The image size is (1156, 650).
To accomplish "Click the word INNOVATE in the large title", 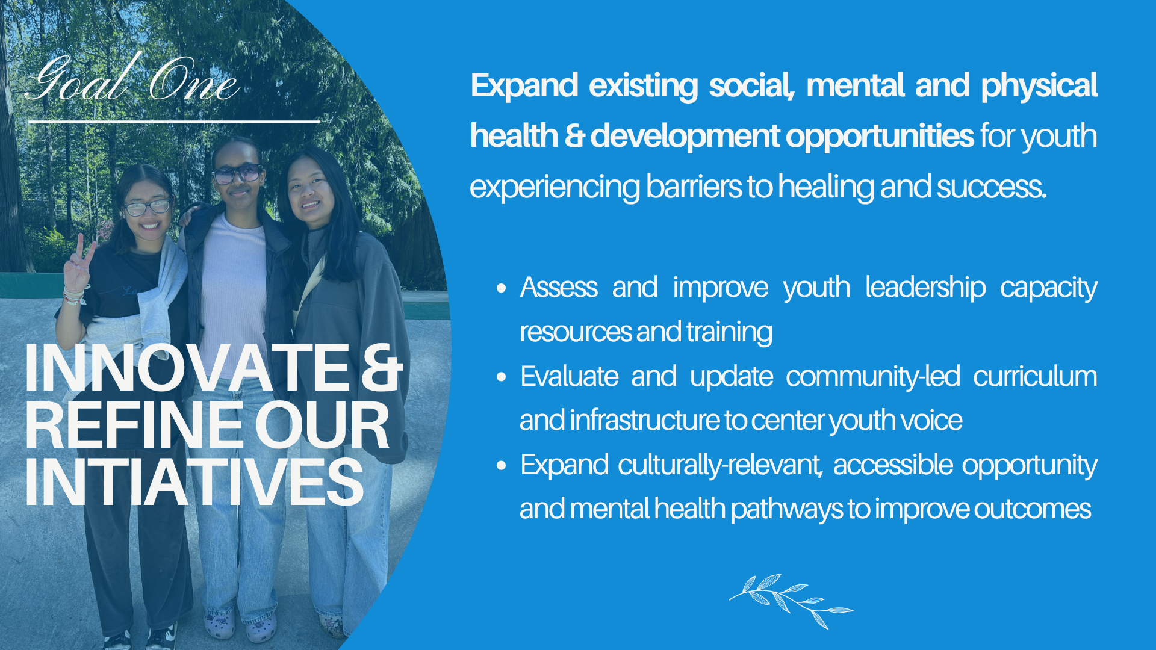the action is [x=187, y=368].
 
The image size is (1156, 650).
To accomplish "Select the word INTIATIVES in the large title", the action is [x=194, y=482].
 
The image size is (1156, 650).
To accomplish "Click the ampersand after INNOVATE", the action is [x=382, y=368].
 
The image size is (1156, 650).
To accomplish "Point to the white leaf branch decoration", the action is [x=791, y=600].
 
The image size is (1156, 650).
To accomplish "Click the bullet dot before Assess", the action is [x=502, y=288].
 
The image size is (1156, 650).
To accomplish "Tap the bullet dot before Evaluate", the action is [x=502, y=377].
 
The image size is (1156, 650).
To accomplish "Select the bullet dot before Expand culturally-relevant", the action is [x=502, y=466].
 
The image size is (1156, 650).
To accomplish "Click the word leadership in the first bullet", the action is [x=925, y=288].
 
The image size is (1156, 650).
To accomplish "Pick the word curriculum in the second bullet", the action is [x=1035, y=377].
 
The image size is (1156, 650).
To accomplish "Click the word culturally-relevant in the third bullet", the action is [x=720, y=465].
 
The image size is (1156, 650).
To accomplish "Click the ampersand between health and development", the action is [x=574, y=136].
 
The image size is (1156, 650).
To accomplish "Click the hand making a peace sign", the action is [x=78, y=267].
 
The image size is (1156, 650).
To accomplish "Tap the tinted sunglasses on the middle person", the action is [x=237, y=174].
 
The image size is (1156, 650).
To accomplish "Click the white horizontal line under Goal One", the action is [x=174, y=122].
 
